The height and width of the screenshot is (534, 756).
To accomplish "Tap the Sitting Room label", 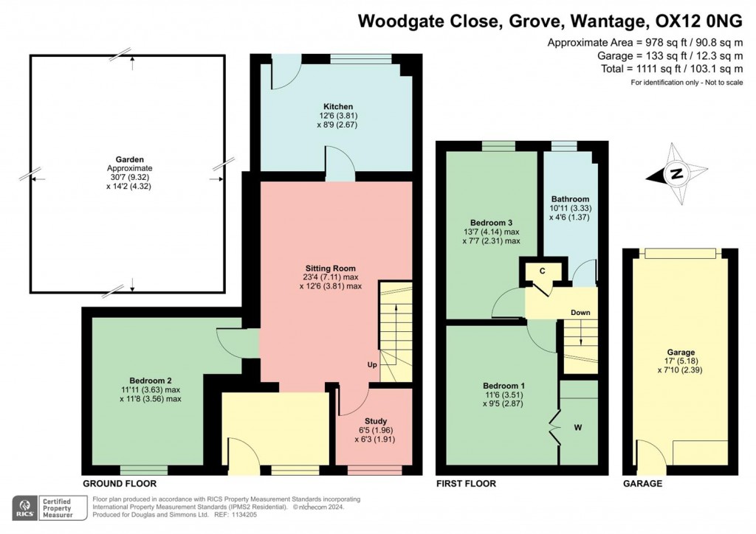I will [x=331, y=268].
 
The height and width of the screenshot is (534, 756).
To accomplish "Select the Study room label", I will [x=375, y=421].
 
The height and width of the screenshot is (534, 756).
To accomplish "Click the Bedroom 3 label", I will [x=491, y=222].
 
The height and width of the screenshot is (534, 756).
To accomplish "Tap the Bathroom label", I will [x=570, y=199].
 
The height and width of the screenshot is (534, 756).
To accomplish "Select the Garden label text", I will [x=129, y=159].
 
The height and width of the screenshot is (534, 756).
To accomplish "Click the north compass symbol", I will [x=675, y=175].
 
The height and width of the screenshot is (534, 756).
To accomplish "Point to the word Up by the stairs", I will [x=372, y=365].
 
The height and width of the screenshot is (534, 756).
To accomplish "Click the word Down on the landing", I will [x=580, y=313].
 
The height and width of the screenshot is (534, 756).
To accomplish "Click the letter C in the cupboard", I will [x=542, y=271].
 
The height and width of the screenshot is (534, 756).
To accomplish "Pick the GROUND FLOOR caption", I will [x=120, y=484].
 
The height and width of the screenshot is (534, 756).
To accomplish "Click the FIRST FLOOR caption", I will [x=466, y=484].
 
